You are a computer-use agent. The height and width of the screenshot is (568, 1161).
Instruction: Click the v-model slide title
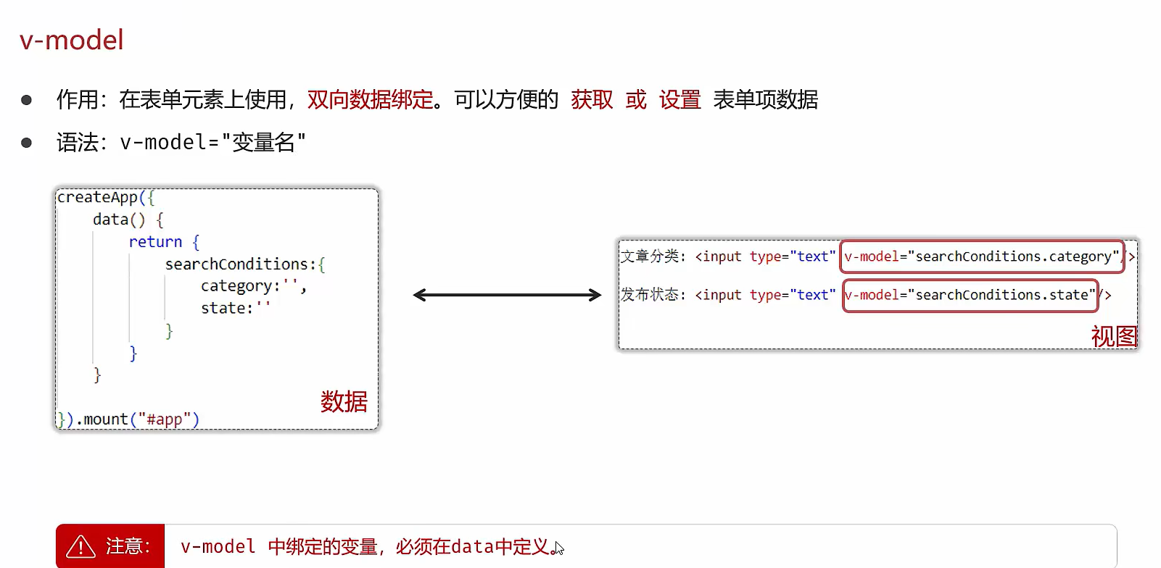point(71,40)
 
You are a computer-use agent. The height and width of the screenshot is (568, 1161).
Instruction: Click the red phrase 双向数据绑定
point(370,99)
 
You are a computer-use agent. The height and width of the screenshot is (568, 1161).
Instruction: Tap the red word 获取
point(592,99)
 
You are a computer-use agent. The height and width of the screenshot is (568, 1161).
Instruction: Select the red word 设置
point(679,99)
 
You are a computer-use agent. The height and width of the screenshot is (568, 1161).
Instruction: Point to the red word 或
point(636,99)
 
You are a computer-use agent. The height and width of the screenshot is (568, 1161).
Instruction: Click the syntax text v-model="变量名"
point(212,142)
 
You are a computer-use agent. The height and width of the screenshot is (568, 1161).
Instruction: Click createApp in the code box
point(97,197)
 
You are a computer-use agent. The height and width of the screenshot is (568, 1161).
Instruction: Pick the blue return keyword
point(155,242)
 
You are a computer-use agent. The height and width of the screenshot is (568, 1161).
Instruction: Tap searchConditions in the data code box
point(236,264)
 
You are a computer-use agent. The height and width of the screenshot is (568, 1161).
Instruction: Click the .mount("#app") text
point(137,419)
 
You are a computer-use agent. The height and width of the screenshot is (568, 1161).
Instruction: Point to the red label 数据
point(344,401)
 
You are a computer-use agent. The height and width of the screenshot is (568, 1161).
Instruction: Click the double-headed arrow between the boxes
point(507,295)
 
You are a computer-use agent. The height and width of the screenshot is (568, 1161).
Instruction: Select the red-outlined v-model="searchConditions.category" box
point(982,256)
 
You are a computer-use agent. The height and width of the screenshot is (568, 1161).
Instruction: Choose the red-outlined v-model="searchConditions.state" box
point(970,295)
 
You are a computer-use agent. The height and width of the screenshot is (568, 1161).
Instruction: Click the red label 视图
point(1114,336)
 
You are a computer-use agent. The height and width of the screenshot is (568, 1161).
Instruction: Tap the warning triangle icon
point(80,546)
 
